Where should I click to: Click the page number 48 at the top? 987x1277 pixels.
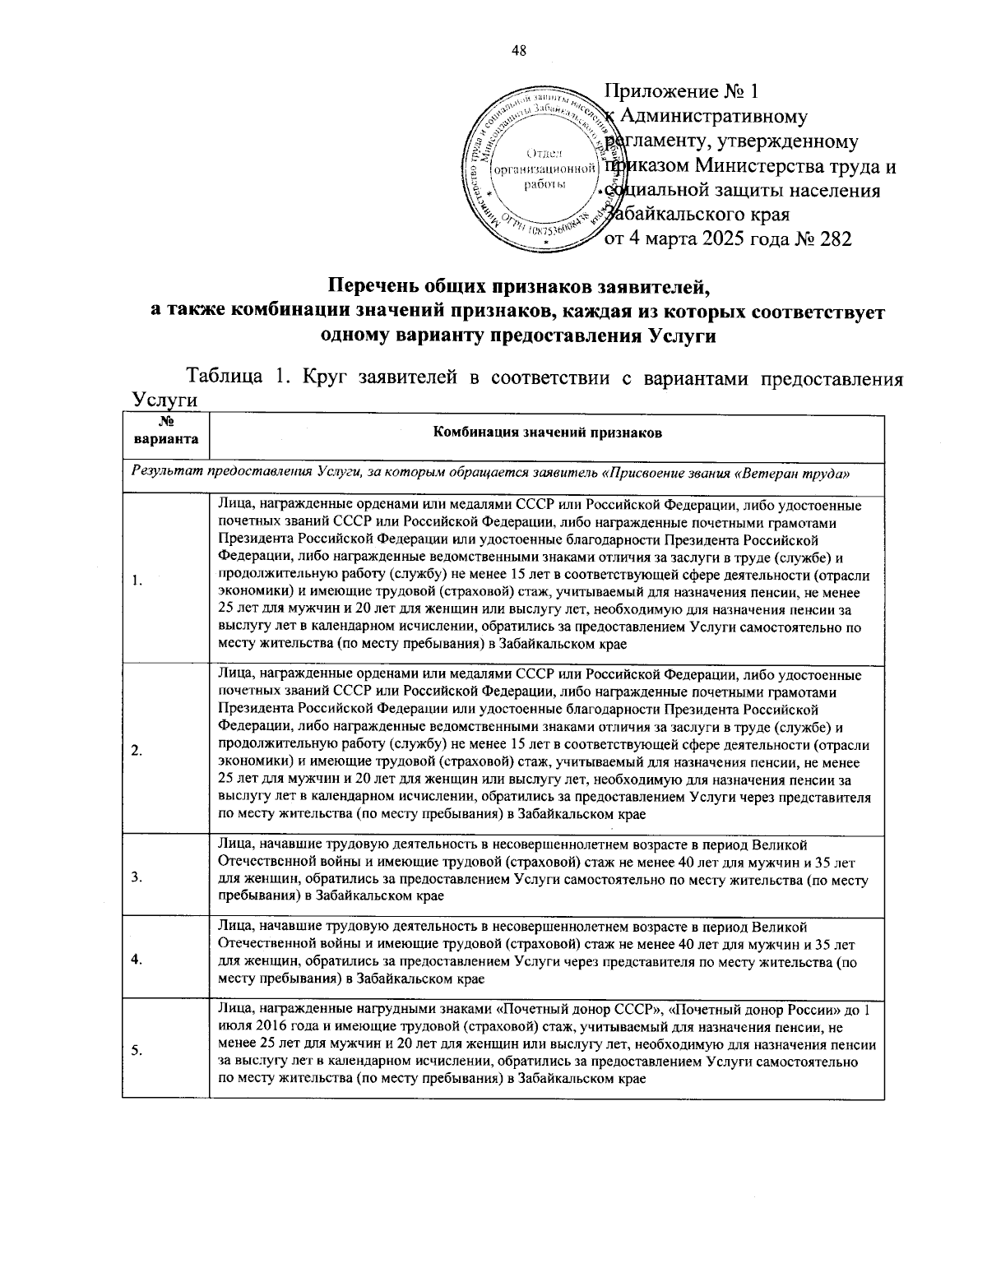tap(519, 51)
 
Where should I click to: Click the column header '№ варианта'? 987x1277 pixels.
tap(165, 433)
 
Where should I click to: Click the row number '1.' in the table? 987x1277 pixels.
tap(137, 581)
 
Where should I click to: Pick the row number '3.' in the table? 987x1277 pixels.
tap(137, 877)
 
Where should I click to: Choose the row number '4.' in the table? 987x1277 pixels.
tap(137, 958)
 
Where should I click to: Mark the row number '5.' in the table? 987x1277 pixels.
tap(137, 1048)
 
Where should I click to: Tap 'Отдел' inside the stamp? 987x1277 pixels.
tap(541, 153)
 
